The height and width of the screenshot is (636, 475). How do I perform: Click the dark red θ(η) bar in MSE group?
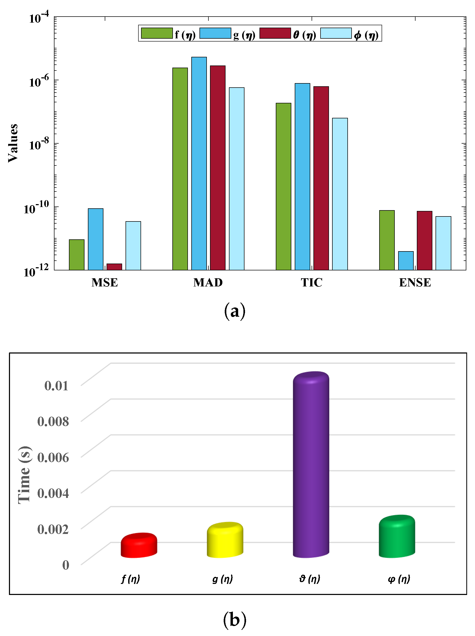114,267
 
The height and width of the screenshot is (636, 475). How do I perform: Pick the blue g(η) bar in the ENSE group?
406,261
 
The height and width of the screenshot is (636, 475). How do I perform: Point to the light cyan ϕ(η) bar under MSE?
133,245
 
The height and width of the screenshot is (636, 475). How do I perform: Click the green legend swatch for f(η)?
157,33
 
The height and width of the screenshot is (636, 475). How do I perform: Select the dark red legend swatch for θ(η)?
275,33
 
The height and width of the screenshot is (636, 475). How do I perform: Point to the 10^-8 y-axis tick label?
39,144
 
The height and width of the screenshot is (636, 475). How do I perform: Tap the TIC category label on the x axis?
311,282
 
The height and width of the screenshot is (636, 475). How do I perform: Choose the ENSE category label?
415,282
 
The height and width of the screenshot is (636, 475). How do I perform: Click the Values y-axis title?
13,143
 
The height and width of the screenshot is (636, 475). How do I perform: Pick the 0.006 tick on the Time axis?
53,457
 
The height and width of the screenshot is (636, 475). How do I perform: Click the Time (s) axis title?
24,475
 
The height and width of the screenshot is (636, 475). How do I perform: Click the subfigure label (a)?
235,311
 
